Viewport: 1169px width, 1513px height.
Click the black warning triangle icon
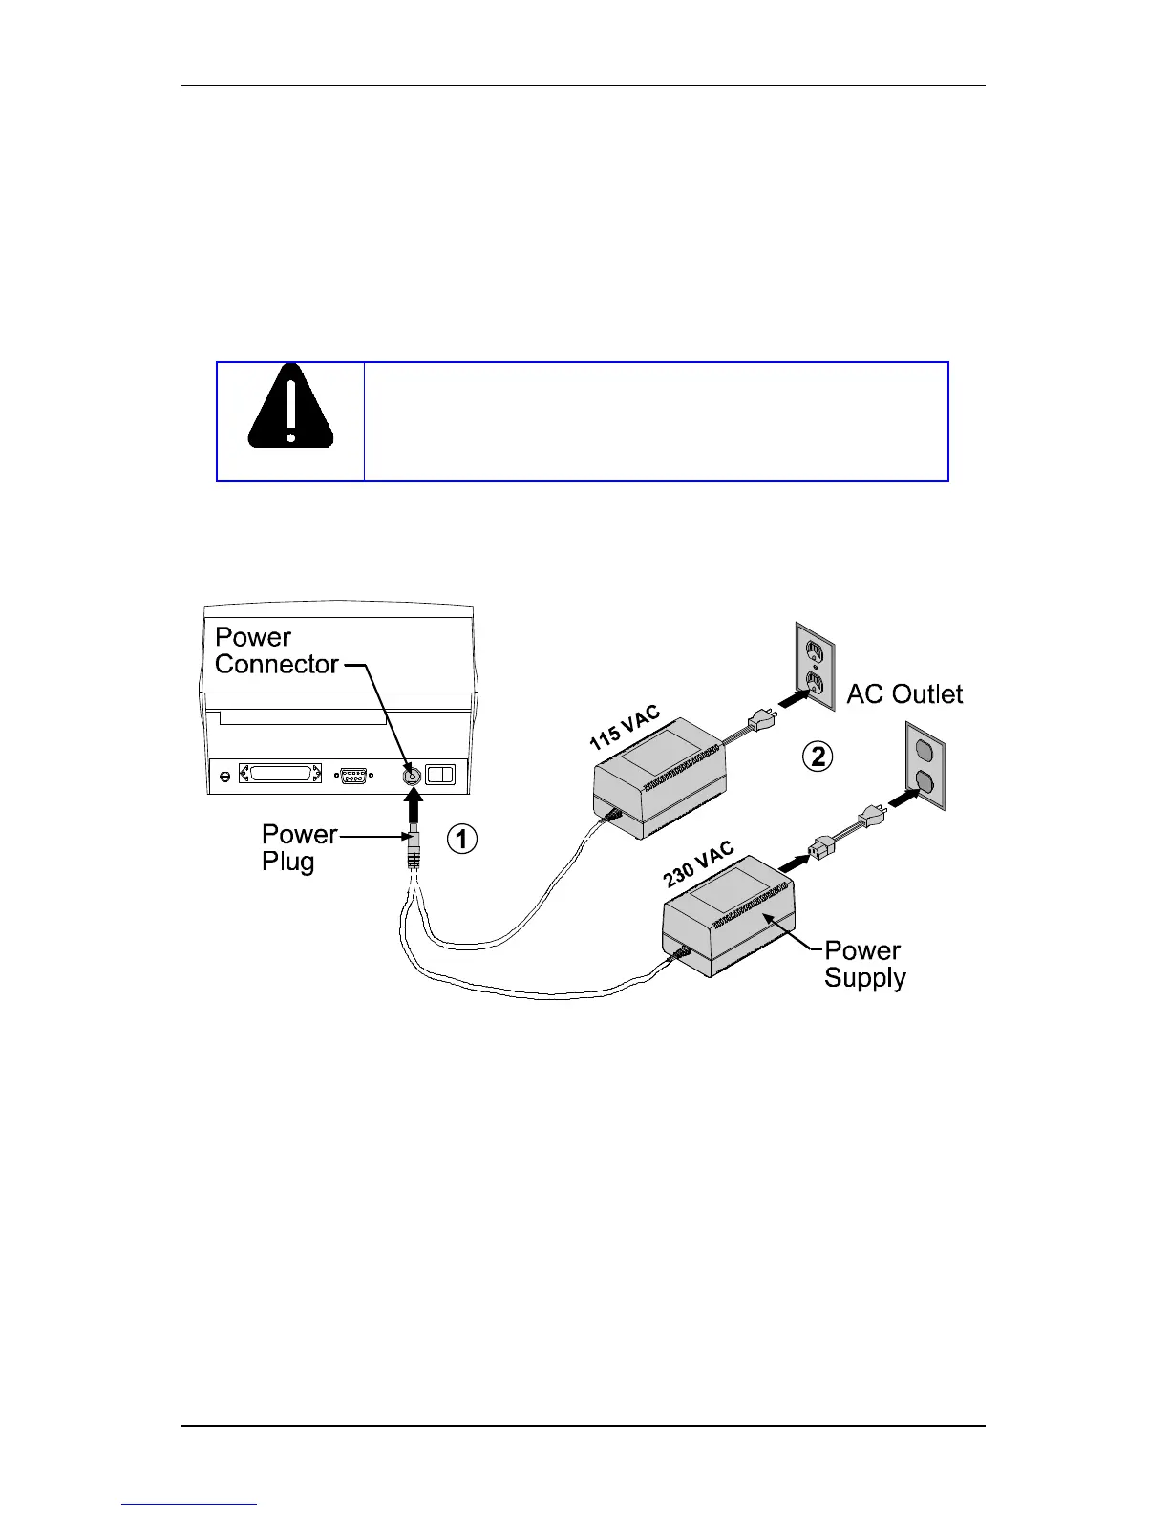click(x=290, y=408)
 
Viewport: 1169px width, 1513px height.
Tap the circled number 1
click(x=462, y=839)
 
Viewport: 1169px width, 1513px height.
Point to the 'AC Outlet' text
click(x=904, y=694)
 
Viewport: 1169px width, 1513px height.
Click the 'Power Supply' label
click(x=864, y=964)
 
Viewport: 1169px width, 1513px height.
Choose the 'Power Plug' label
click(x=298, y=848)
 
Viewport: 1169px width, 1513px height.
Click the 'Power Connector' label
click(x=276, y=650)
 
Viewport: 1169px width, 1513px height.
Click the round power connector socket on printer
click(x=412, y=775)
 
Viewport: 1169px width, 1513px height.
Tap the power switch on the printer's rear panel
click(x=441, y=775)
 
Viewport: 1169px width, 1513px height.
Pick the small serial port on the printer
click(x=353, y=776)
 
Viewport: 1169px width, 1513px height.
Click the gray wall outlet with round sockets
click(x=924, y=767)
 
